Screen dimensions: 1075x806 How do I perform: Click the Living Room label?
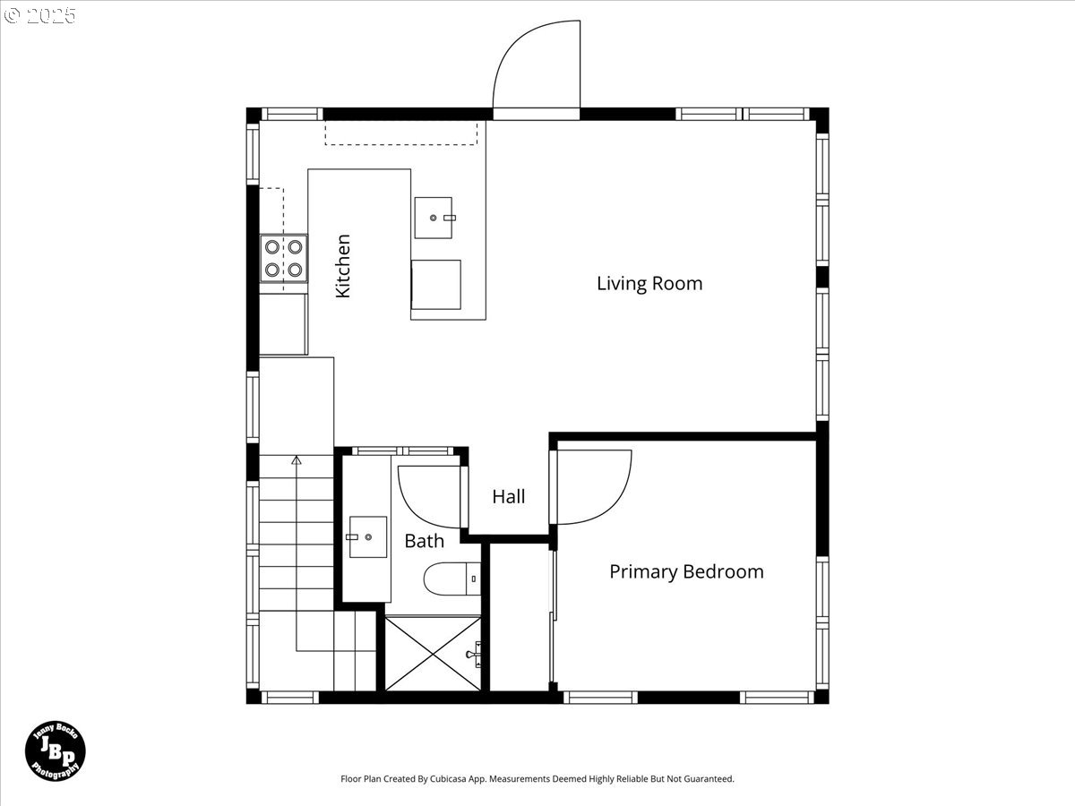[x=649, y=284]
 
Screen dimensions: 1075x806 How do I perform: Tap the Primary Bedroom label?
[x=686, y=572]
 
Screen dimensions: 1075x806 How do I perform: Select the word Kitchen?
[x=343, y=266]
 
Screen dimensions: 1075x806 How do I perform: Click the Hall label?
[x=508, y=497]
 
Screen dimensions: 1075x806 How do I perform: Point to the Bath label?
[x=424, y=541]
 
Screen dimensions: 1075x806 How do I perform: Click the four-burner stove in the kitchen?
[x=284, y=259]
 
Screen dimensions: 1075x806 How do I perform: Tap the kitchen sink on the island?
[x=434, y=218]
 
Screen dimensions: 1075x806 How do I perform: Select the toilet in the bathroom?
[x=452, y=579]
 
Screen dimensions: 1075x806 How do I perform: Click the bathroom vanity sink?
[x=368, y=536]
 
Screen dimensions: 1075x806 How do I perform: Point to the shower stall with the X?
[x=433, y=655]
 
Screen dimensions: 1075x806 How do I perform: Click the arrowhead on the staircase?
[x=297, y=460]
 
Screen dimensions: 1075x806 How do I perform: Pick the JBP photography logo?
[x=56, y=750]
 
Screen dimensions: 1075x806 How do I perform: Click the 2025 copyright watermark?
[x=39, y=15]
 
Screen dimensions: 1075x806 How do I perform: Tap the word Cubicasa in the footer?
[x=448, y=778]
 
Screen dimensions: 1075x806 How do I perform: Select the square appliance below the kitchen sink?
[x=436, y=284]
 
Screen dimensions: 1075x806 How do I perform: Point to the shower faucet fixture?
[x=475, y=655]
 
